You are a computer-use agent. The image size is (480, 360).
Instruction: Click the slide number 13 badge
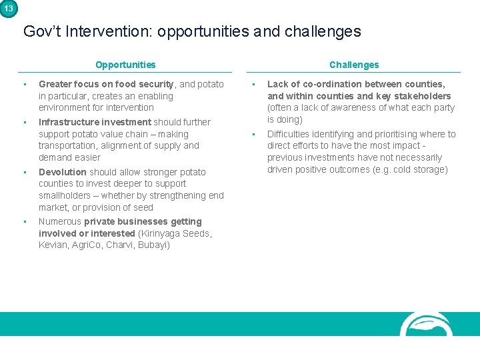pyautogui.click(x=8, y=8)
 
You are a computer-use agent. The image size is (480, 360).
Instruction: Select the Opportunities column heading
pyautogui.click(x=125, y=65)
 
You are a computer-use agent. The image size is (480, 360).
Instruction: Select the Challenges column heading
pyautogui.click(x=353, y=65)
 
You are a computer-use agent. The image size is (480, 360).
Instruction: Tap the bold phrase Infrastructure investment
pyautogui.click(x=95, y=122)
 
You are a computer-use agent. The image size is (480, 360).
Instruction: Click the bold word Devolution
pyautogui.click(x=63, y=172)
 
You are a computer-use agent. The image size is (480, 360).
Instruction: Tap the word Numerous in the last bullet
pyautogui.click(x=60, y=221)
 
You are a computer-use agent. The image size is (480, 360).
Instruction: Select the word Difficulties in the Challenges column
pyautogui.click(x=289, y=134)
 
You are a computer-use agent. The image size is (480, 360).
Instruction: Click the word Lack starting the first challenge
pyautogui.click(x=277, y=84)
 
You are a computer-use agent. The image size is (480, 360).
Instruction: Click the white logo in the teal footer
pyautogui.click(x=427, y=324)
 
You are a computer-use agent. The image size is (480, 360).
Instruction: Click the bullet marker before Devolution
pyautogui.click(x=24, y=172)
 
